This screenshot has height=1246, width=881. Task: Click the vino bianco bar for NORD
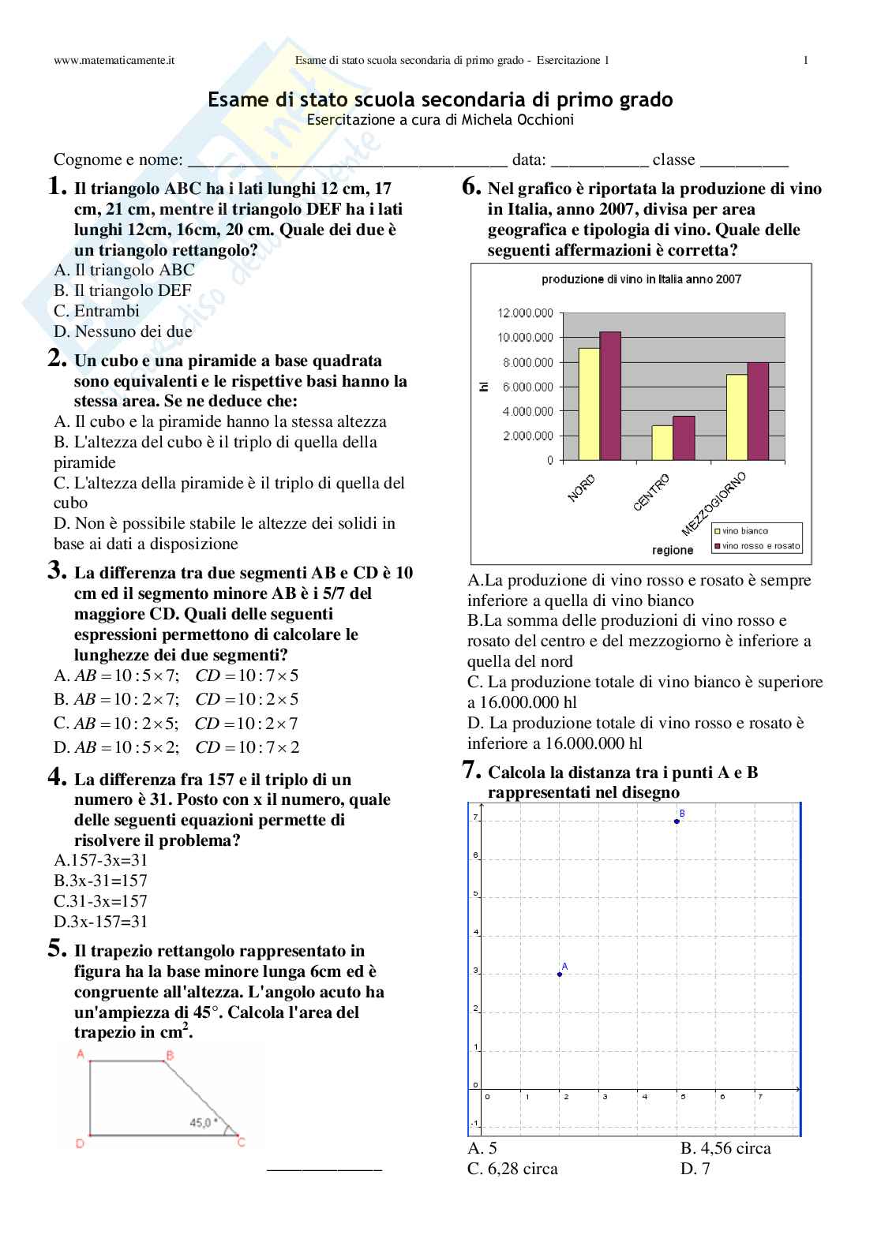[x=589, y=404]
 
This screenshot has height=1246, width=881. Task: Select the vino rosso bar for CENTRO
[x=684, y=438]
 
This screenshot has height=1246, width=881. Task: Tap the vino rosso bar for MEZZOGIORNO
[x=758, y=411]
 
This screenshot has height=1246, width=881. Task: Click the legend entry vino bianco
[x=744, y=531]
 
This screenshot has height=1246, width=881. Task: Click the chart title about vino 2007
[x=641, y=279]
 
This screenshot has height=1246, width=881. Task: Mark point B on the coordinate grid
[x=677, y=821]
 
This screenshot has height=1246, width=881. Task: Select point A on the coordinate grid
[x=560, y=975]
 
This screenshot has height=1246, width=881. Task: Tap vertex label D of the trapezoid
[x=80, y=1143]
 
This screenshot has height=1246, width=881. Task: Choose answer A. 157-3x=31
[x=101, y=861]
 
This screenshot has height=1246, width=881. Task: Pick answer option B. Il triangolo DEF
[x=123, y=290]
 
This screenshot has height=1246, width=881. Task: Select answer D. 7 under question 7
[x=695, y=1169]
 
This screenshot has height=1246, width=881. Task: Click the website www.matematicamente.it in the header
[x=114, y=61]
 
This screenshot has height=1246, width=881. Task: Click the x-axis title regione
[x=673, y=550]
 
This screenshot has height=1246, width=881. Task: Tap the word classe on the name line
[x=673, y=159]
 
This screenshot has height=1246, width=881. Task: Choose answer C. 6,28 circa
[x=512, y=1169]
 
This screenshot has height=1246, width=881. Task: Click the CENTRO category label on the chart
[x=651, y=492]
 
